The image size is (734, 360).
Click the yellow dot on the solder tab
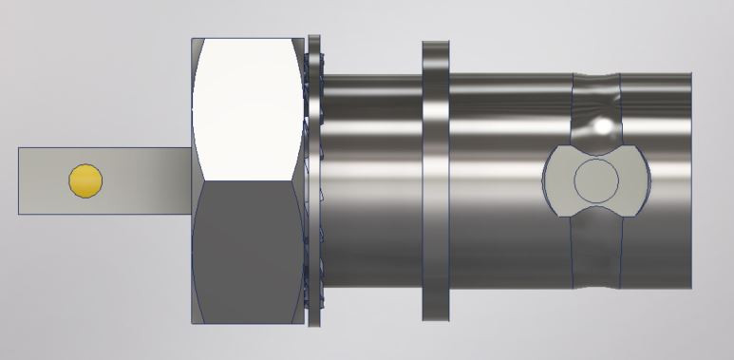85,180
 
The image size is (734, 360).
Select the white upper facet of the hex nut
249,104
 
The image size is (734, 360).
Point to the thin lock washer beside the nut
314,180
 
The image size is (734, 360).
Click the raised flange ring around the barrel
435,180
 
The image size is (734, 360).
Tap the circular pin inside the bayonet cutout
596,180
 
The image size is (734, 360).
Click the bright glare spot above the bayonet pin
602,125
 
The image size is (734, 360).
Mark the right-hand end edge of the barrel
690,180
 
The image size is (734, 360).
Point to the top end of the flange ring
435,45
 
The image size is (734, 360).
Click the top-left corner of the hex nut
194,40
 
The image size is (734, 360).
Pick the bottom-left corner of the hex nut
194,321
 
